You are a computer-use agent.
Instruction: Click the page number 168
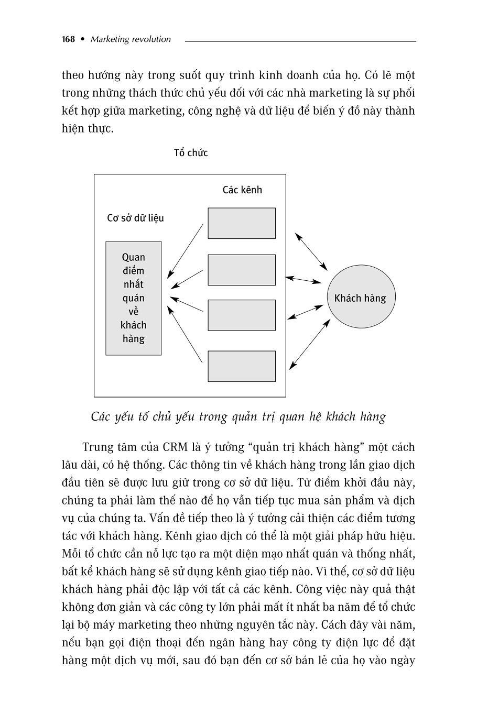[68, 39]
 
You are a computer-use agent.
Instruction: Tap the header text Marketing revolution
[131, 39]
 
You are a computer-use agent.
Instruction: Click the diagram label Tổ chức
[191, 153]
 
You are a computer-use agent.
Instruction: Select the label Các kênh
[242, 190]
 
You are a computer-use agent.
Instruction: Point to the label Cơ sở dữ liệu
[135, 218]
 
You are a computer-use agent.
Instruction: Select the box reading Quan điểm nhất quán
[134, 298]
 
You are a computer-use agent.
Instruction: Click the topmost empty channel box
[242, 223]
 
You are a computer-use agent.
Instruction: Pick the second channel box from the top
[242, 270]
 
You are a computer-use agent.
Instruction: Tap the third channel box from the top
[242, 315]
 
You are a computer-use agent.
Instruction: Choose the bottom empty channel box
[242, 366]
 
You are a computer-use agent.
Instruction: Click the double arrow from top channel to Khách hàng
[311, 251]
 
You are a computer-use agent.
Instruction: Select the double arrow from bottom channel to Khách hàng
[310, 344]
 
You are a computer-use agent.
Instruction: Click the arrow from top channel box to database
[186, 250]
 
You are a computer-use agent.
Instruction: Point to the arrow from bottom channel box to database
[185, 334]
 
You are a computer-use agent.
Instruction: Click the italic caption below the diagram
[238, 417]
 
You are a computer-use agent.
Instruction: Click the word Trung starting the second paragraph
[97, 447]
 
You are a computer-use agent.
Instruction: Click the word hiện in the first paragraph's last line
[73, 129]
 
